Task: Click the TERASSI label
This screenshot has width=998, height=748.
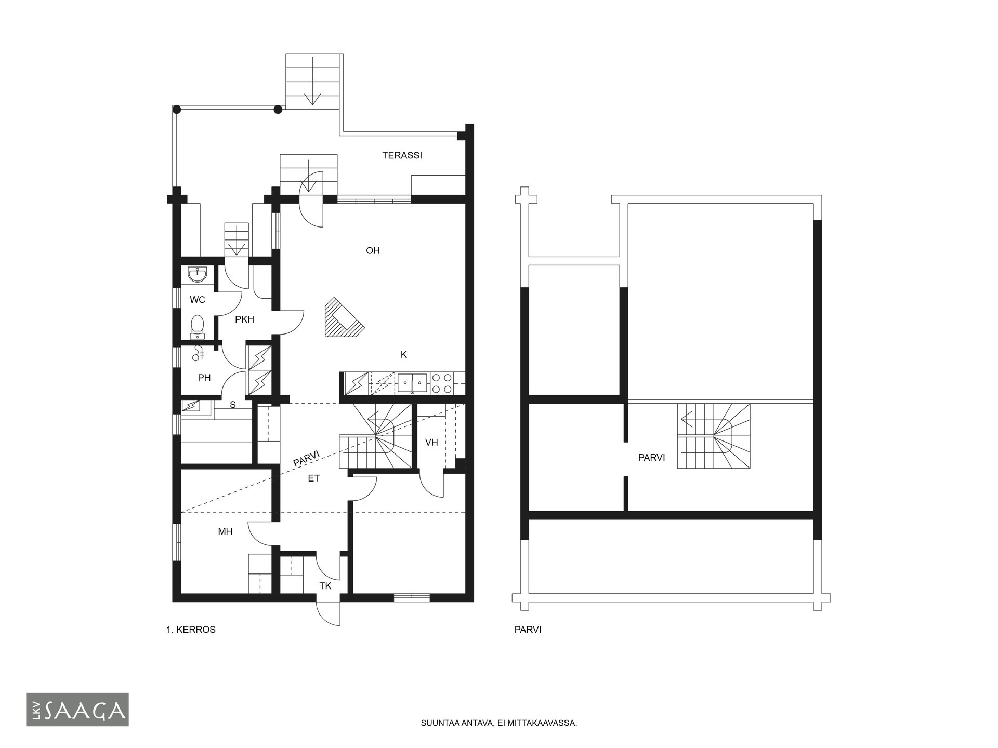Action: tap(402, 155)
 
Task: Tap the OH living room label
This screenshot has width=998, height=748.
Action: tap(373, 251)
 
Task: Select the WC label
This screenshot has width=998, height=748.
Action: tap(198, 300)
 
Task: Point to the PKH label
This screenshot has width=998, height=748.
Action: tap(244, 319)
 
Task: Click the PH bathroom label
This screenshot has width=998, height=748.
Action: tap(204, 378)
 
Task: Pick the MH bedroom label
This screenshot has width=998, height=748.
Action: tap(225, 532)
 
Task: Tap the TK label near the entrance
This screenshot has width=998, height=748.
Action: tap(325, 586)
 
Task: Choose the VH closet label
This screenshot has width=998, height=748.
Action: tap(431, 443)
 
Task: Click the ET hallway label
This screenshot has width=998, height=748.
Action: tap(313, 478)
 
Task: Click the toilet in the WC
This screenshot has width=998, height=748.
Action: tap(197, 325)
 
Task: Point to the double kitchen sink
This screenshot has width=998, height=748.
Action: tap(412, 383)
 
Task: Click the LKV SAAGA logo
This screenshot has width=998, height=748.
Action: tap(77, 710)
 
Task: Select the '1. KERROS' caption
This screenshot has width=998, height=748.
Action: tap(191, 630)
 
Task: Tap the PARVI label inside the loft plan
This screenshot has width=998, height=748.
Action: tap(651, 458)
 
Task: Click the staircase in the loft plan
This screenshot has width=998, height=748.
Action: tap(714, 436)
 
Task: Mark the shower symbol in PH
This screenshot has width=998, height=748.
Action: tap(198, 354)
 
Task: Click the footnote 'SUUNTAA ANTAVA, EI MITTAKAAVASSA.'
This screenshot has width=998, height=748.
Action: tap(499, 723)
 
